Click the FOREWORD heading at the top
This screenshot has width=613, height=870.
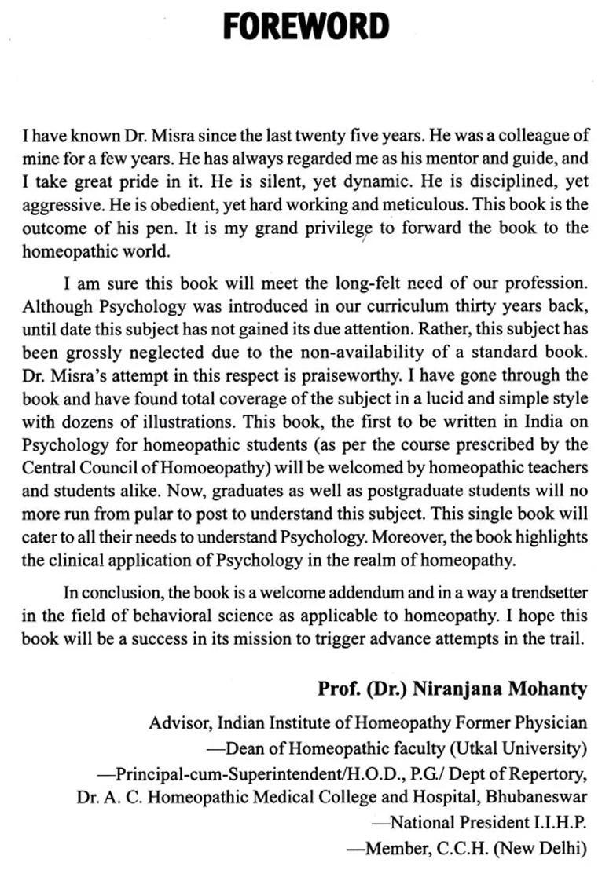[x=306, y=27]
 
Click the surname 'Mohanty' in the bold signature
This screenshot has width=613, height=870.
[x=547, y=689]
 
